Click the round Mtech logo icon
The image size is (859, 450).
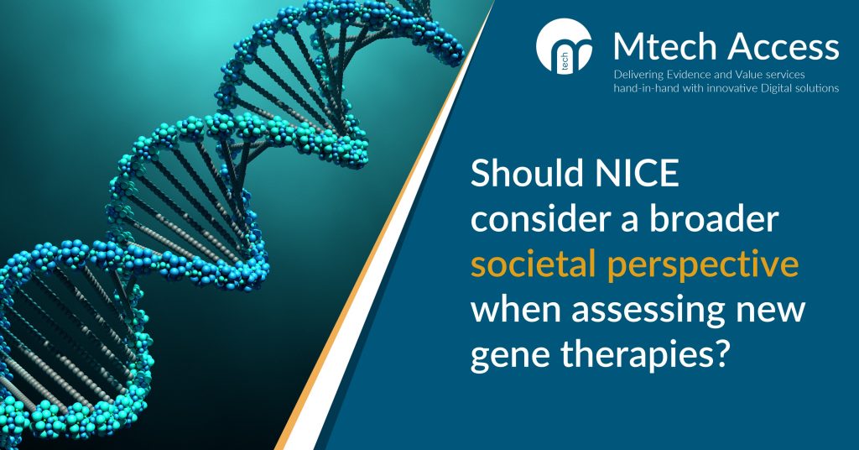tap(565, 46)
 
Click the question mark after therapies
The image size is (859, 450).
tap(724, 355)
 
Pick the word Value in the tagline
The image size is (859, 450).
tap(731, 75)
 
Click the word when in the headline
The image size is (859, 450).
tap(516, 310)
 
